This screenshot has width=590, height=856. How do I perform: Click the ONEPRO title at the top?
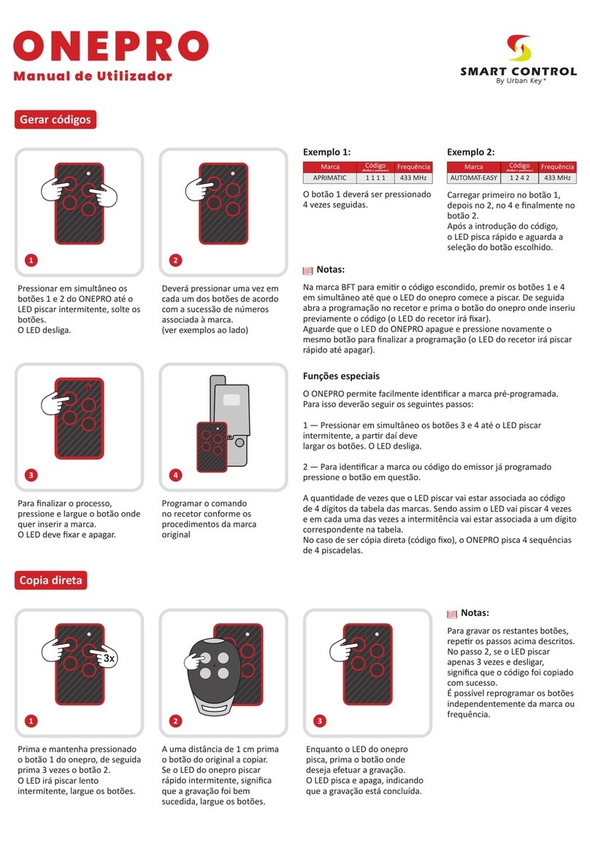pyautogui.click(x=110, y=46)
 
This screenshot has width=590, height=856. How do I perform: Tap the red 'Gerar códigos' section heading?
pyautogui.click(x=55, y=119)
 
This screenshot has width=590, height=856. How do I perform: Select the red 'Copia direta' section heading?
pyautogui.click(x=50, y=580)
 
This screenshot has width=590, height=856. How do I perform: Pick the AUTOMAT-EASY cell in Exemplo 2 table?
pyautogui.click(x=473, y=178)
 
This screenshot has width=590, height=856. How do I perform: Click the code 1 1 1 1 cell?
pyautogui.click(x=376, y=178)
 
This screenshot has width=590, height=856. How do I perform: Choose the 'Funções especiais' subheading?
pyautogui.click(x=341, y=377)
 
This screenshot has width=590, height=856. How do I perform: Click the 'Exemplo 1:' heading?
pyautogui.click(x=326, y=152)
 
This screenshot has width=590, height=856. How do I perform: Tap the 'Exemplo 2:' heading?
pyautogui.click(x=470, y=152)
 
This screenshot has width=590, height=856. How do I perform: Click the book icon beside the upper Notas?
pyautogui.click(x=307, y=270)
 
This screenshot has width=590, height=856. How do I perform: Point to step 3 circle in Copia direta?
pyautogui.click(x=318, y=722)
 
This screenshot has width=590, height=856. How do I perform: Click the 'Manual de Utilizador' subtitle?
pyautogui.click(x=94, y=75)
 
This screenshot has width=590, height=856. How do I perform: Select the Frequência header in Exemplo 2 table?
pyautogui.click(x=559, y=167)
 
